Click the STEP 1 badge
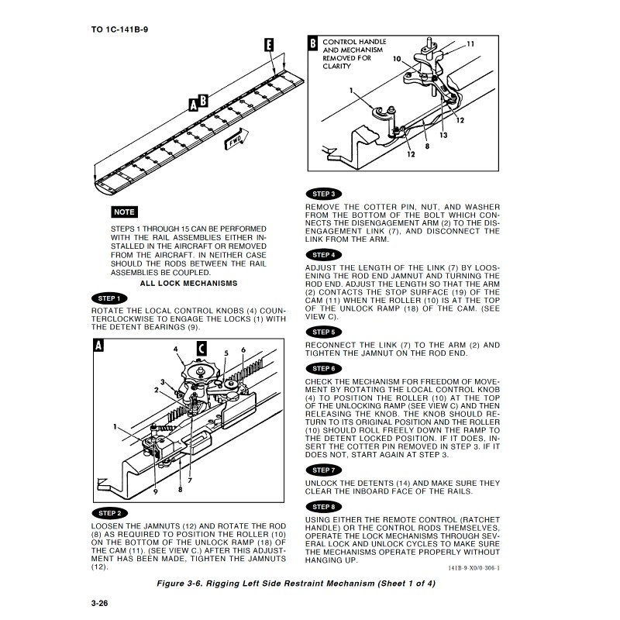[108, 298]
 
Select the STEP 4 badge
[323, 255]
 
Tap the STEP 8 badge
[323, 507]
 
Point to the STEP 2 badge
[108, 513]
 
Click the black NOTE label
[124, 212]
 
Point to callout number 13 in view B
[443, 135]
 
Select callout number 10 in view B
[396, 59]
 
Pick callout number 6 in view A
[243, 350]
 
